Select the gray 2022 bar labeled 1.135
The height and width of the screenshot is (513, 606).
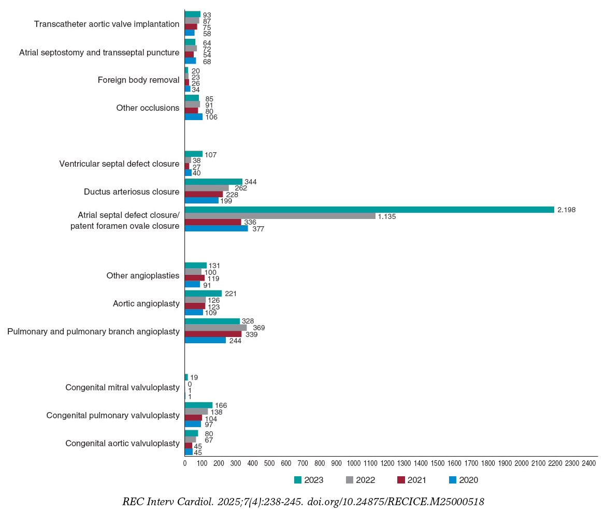point(280,216)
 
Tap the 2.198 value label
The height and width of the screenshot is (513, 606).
point(567,210)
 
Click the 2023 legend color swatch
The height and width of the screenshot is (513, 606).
point(298,480)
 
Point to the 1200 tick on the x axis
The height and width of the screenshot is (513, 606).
point(387,463)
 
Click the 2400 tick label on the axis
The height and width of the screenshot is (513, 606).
point(589,463)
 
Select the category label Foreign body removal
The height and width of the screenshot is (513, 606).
point(138,80)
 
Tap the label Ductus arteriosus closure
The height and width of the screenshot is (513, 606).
point(132,192)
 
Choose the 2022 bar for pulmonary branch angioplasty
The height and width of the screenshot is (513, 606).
point(215,328)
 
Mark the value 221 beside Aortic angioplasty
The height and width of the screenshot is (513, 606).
point(231,294)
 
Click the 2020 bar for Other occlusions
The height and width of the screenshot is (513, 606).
point(194,117)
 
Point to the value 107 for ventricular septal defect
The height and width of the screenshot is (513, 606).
point(210,154)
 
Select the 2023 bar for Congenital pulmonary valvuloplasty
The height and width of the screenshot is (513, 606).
point(198,405)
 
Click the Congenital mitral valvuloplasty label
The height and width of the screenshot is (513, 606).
point(122,388)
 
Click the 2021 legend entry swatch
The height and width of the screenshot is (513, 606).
point(401,480)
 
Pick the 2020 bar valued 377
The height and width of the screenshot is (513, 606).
point(216,228)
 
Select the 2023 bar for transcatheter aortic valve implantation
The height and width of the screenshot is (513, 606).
point(192,14)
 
